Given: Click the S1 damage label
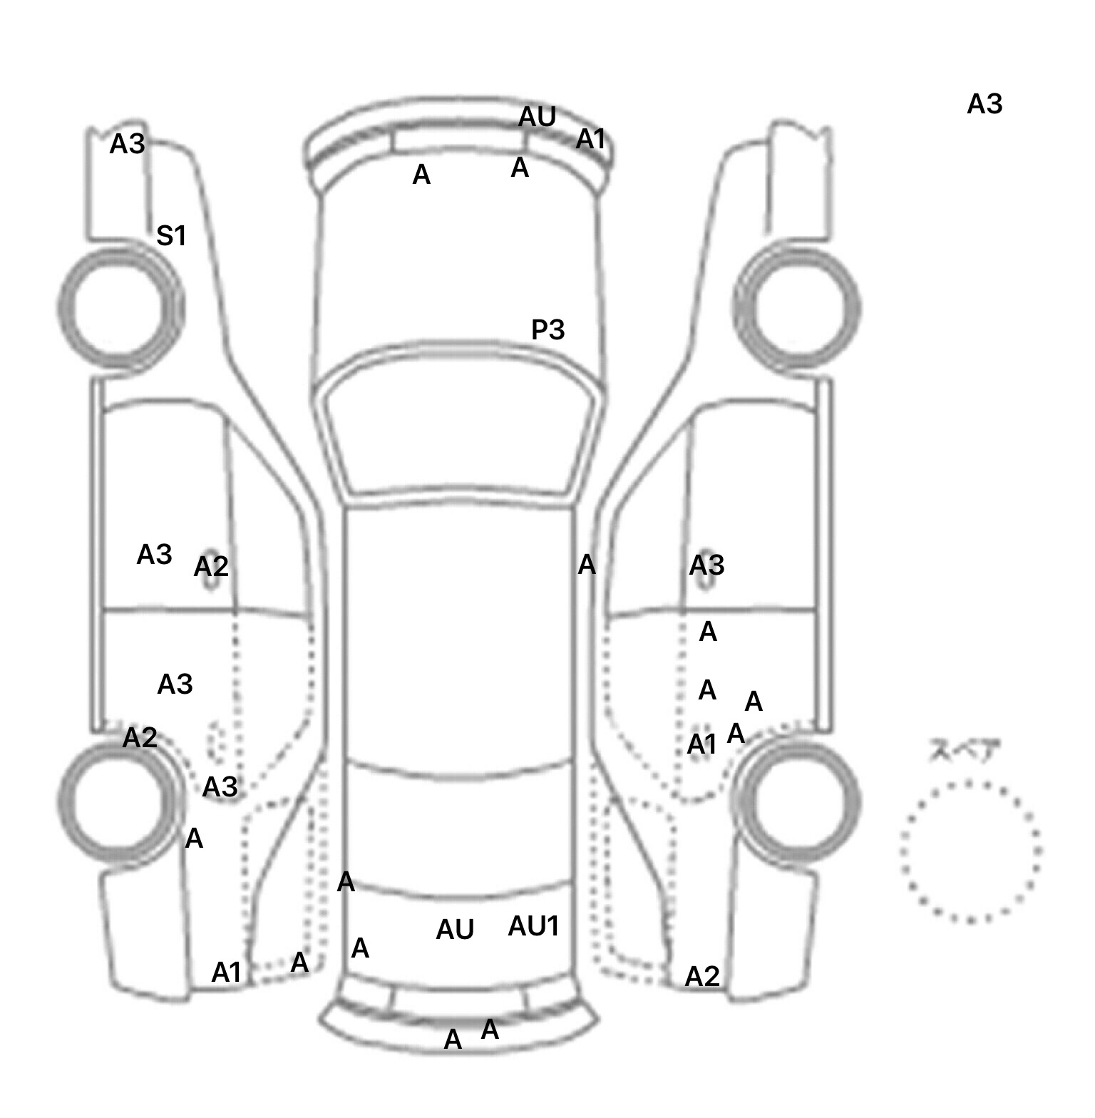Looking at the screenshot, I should (x=171, y=235).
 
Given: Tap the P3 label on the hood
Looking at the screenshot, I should (x=547, y=329).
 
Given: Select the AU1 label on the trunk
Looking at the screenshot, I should (x=533, y=926).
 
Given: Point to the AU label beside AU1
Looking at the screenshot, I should (x=455, y=929).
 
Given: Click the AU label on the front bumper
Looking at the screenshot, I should (x=537, y=117).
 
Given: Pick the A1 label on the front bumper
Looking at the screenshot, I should (x=590, y=139).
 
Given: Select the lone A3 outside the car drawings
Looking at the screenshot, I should (x=985, y=104).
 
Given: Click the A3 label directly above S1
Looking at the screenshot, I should (x=127, y=144).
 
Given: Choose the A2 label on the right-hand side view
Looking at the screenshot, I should (x=702, y=976).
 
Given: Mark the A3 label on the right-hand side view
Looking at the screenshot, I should (x=706, y=565).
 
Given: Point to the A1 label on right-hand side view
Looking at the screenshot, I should (x=701, y=744).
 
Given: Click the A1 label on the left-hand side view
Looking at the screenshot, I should (x=227, y=972).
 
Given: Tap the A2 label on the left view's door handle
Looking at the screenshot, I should (x=211, y=567).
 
